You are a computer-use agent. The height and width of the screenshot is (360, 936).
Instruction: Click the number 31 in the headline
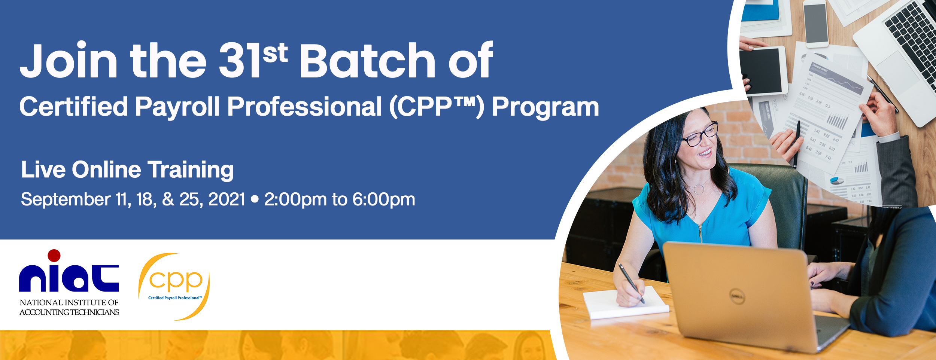[x=239, y=60]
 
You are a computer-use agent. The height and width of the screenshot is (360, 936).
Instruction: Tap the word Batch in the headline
[x=367, y=60]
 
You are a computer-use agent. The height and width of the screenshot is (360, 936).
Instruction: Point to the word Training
[x=191, y=171]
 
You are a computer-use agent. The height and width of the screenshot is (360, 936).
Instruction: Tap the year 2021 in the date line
[x=227, y=199]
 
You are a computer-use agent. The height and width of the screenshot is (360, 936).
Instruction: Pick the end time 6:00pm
[x=384, y=200]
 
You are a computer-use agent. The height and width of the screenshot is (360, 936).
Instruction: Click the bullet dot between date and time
[x=255, y=199]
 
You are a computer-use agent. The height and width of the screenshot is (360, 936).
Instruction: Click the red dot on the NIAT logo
[x=54, y=256]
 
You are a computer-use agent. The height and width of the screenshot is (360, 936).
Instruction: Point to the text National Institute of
[x=69, y=302]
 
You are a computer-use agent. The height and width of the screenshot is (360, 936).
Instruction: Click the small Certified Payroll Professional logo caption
[x=175, y=298]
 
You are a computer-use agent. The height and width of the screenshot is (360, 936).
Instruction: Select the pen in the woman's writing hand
[x=631, y=283]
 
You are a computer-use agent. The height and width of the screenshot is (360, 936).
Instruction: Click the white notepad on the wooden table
[x=625, y=302]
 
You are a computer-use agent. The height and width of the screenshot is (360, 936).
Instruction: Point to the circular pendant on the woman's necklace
[x=699, y=189]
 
